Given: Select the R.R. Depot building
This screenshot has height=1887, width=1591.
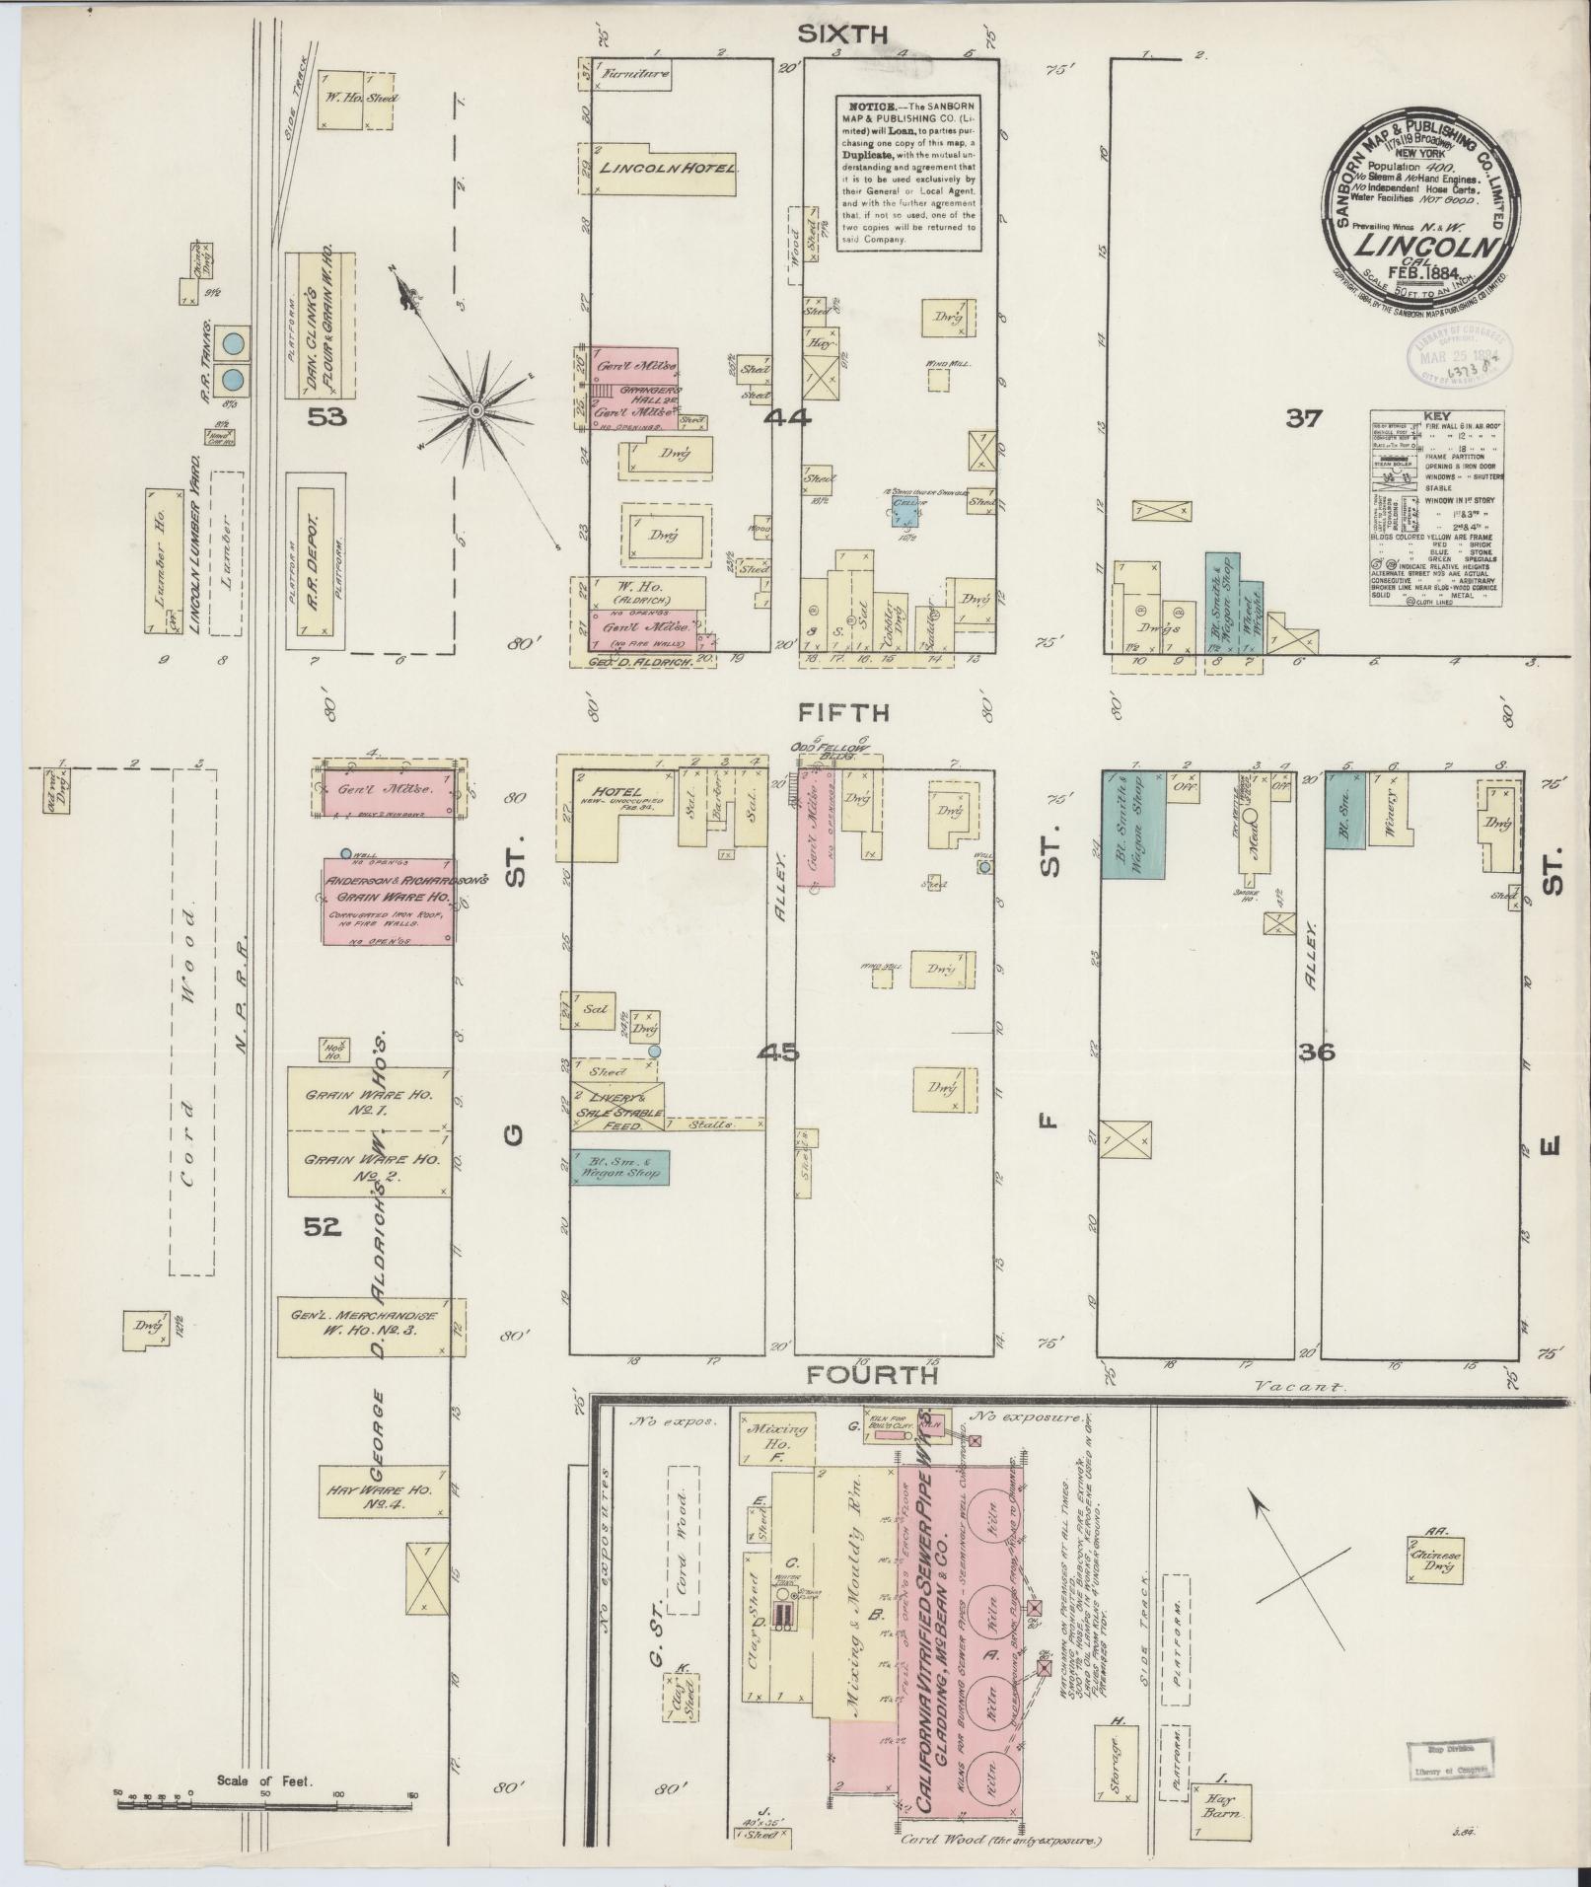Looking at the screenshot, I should [316, 559].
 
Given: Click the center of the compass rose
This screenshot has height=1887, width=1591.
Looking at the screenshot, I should [475, 409].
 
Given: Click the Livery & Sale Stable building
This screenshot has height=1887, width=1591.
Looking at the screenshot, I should [617, 1106].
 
